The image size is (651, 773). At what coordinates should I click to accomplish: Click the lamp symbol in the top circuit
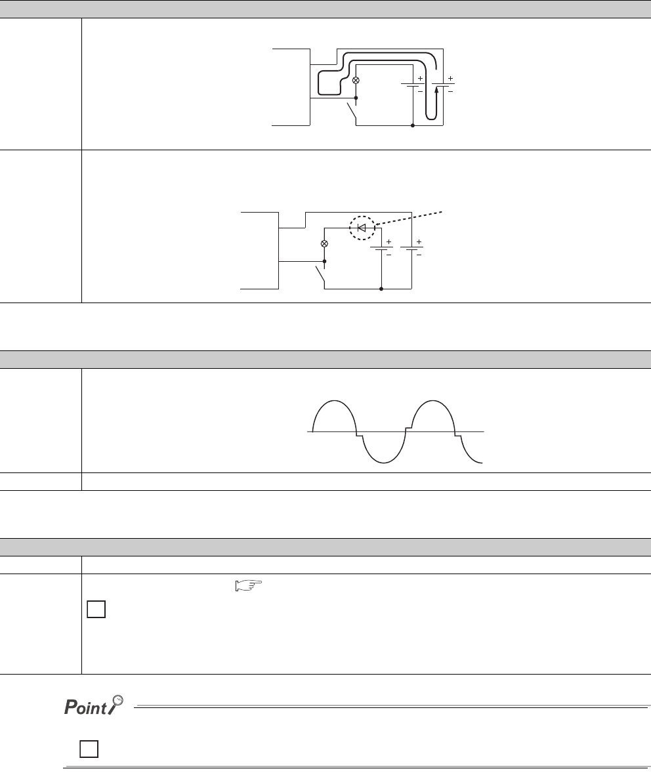pyautogui.click(x=356, y=80)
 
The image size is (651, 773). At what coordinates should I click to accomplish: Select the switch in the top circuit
pyautogui.click(x=352, y=111)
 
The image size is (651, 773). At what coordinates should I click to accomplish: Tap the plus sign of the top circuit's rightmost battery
pyautogui.click(x=450, y=78)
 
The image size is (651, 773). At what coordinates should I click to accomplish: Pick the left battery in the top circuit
pyautogui.click(x=412, y=85)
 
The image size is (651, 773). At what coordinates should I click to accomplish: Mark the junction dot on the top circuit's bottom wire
pyautogui.click(x=413, y=126)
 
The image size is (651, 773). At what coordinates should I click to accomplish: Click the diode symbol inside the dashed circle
pyautogui.click(x=362, y=228)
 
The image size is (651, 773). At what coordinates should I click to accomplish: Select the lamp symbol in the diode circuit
pyautogui.click(x=324, y=243)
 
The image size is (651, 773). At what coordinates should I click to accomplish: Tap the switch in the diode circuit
pyautogui.click(x=320, y=274)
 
